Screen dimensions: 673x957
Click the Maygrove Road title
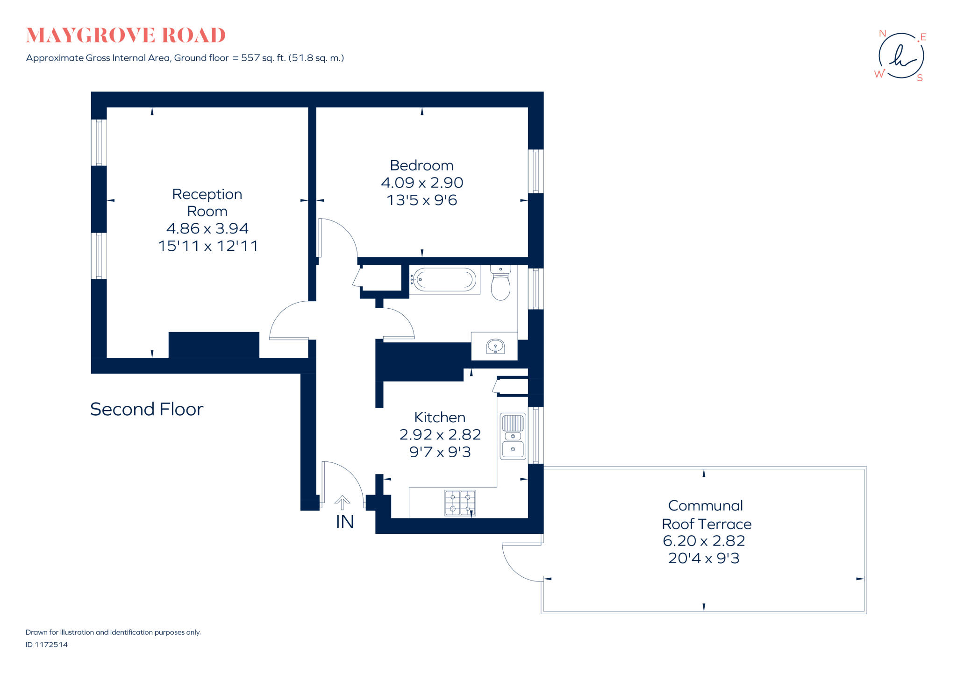(x=126, y=35)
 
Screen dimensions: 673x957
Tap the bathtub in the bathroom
(x=444, y=280)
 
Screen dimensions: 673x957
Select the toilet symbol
(x=500, y=283)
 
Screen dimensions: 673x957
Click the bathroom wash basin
(x=495, y=347)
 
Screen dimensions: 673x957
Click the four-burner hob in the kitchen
(x=460, y=503)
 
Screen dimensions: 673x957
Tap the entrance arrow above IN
(x=342, y=502)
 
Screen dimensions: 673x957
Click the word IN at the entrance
(x=345, y=522)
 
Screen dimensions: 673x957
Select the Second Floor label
(x=147, y=410)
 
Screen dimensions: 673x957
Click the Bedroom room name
(x=421, y=166)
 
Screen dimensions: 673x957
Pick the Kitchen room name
(x=440, y=417)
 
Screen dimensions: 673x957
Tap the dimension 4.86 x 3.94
(x=207, y=228)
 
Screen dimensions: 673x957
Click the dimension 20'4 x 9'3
(x=704, y=558)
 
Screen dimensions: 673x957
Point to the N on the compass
(x=882, y=34)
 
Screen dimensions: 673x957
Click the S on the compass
(x=920, y=78)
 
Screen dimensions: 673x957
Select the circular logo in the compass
(x=901, y=56)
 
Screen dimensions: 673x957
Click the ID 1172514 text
(x=47, y=645)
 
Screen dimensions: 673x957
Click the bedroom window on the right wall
(x=536, y=171)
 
